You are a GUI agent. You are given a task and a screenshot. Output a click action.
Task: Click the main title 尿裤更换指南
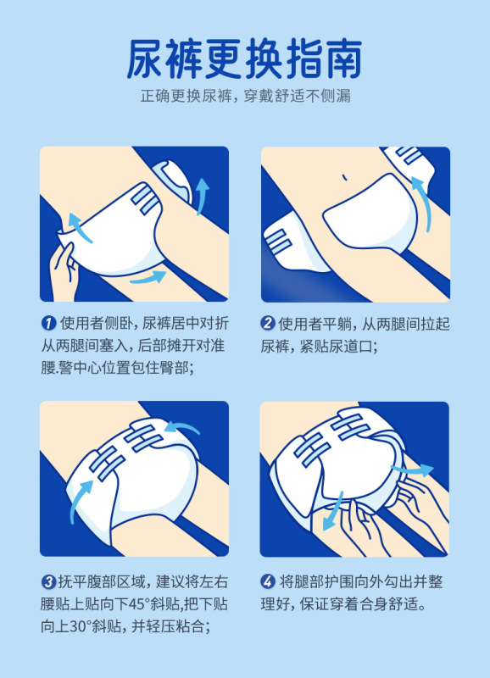pyautogui.click(x=244, y=58)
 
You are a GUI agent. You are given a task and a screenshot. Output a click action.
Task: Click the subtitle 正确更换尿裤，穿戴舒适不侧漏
pyautogui.click(x=245, y=96)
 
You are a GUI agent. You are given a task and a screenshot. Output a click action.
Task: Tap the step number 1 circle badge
pyautogui.click(x=48, y=323)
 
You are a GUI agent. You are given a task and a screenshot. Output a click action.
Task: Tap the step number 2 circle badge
pyautogui.click(x=268, y=323)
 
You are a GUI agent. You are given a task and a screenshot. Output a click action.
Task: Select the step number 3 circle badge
pyautogui.click(x=48, y=581)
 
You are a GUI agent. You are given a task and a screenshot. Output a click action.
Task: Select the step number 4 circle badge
pyautogui.click(x=268, y=581)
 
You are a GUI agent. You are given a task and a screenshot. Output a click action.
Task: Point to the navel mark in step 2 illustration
pyautogui.click(x=344, y=177)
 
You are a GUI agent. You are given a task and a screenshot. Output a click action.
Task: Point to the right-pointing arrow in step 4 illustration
pyautogui.click(x=412, y=470)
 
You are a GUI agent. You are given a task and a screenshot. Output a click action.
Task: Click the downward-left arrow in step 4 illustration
pyautogui.click(x=333, y=513)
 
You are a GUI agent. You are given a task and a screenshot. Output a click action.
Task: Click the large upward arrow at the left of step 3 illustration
pyautogui.click(x=80, y=502)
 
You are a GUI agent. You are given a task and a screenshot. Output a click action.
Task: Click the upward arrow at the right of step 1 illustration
pyautogui.click(x=202, y=196)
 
